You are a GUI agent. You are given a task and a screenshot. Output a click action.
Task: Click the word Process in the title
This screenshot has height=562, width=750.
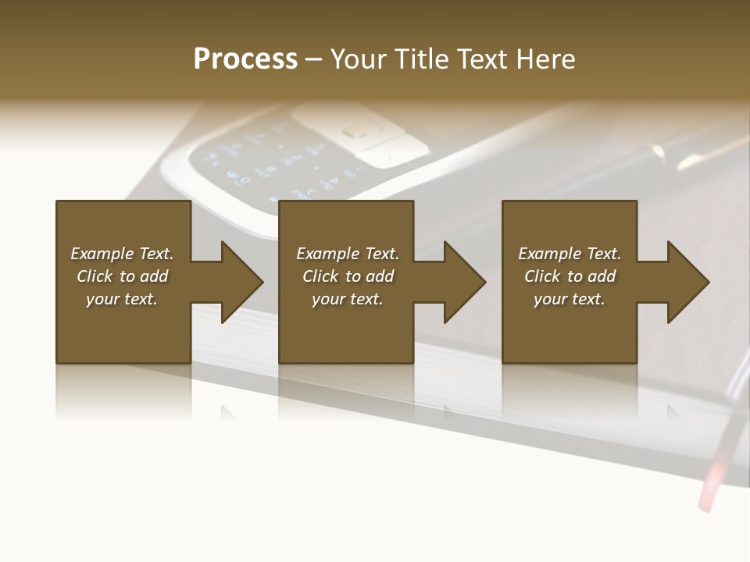pyautogui.click(x=245, y=59)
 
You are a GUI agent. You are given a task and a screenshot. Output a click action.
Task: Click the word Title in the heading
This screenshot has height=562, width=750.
pyautogui.click(x=419, y=59)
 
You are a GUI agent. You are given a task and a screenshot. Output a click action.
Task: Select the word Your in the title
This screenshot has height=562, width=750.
pyautogui.click(x=358, y=59)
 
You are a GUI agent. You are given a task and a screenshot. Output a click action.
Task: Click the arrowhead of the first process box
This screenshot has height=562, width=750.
pyautogui.click(x=239, y=282)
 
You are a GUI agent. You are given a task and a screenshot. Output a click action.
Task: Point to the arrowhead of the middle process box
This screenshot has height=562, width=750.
pyautogui.click(x=462, y=282)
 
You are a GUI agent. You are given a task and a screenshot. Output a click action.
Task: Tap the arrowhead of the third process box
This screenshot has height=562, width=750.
pyautogui.click(x=686, y=282)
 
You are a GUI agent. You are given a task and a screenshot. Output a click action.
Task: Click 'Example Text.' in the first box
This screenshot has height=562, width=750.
pyautogui.click(x=122, y=254)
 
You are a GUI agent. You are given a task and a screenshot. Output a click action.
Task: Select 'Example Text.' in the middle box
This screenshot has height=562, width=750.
pyautogui.click(x=347, y=254)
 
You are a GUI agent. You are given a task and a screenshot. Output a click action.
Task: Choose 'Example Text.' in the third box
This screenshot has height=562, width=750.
pyautogui.click(x=570, y=254)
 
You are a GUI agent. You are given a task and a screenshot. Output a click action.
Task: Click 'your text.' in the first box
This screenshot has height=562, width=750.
pyautogui.click(x=122, y=299)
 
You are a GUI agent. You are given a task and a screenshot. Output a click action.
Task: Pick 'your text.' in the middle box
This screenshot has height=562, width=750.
pyautogui.click(x=347, y=299)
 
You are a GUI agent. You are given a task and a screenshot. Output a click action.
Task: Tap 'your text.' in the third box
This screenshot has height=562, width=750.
pyautogui.click(x=570, y=299)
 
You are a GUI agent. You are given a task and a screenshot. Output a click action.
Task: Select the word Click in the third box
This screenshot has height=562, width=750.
pyautogui.click(x=543, y=276)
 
